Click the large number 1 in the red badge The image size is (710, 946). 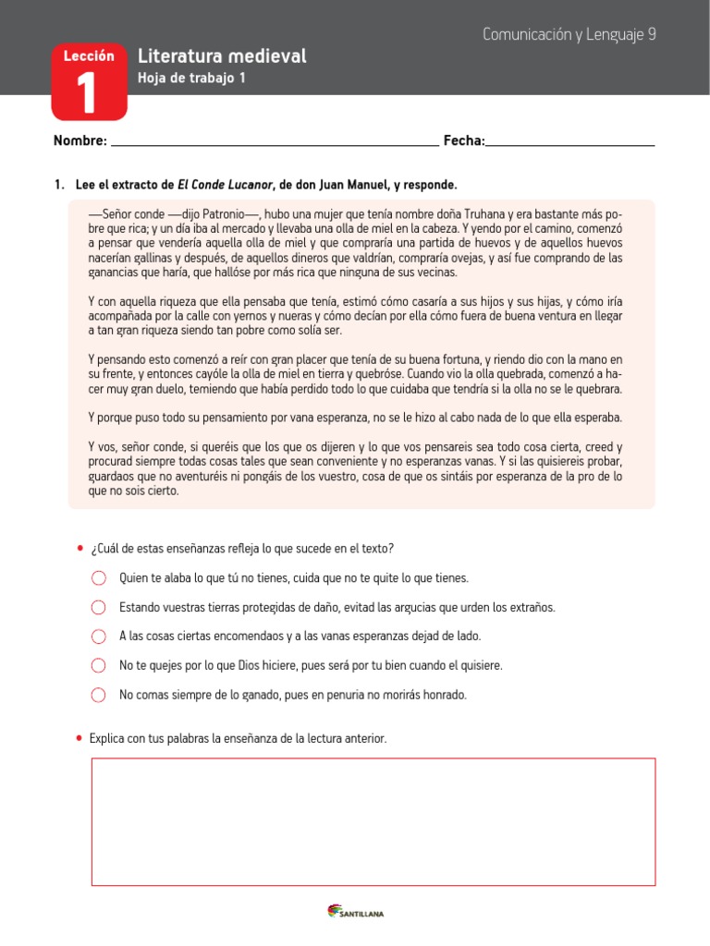click(89, 95)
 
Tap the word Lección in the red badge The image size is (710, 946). click(89, 56)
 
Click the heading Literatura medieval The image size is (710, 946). click(221, 57)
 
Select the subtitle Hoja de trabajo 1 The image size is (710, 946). click(191, 79)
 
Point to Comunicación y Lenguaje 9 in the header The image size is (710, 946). click(569, 34)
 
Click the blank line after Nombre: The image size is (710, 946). click(274, 144)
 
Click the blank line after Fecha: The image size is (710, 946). click(570, 144)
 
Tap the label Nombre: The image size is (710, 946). click(80, 140)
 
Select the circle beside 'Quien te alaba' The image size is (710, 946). click(99, 578)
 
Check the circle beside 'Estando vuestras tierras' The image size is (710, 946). click(99, 608)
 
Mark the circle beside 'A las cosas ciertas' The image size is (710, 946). click(99, 637)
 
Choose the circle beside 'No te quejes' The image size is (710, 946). click(99, 666)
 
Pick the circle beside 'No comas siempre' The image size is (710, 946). click(99, 696)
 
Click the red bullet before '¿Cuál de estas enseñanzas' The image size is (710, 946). click(80, 549)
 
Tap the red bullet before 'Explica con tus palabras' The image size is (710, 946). click(80, 739)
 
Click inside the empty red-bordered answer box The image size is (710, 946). click(373, 822)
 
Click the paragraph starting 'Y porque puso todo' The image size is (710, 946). click(355, 417)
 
